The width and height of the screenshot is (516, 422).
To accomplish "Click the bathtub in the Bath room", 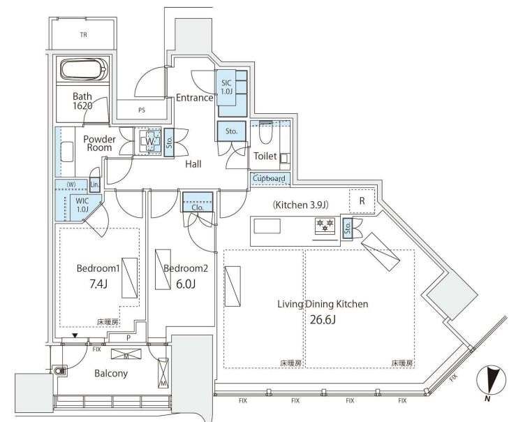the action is coord(84,69).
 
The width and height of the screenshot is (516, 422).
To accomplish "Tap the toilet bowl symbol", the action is coord(265,133).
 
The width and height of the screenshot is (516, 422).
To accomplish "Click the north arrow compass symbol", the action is coord(491,381).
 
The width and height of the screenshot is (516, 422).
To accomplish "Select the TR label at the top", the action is coord(83,34).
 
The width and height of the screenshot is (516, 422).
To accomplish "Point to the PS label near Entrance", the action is coord(142,110).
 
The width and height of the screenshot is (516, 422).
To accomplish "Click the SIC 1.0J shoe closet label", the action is coord(226,87).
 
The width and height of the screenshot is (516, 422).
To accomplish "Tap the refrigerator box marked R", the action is coord(362,201).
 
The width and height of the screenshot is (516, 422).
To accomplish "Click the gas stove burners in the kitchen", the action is coord(325,225).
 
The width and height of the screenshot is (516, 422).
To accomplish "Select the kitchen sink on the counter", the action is coord(267,226).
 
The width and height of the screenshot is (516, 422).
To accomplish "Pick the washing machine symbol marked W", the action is coord(149,142).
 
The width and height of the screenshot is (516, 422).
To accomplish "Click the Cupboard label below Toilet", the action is coord(269,178).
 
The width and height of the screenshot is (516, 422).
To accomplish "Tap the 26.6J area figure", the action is coord(323,319).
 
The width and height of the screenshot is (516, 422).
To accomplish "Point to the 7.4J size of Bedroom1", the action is coord(98,284).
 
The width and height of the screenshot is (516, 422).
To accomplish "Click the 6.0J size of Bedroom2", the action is coord(186,284).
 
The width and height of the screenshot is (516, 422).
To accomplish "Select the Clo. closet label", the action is coord(198,208).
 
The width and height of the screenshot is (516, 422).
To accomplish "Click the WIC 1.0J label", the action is coord(82,205).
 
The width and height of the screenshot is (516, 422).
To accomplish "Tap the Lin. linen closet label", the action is coord(95,184).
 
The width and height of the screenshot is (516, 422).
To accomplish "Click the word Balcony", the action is coord(111,373).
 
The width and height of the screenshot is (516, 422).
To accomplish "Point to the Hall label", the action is coord(193,164).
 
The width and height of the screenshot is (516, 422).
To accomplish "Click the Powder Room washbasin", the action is coord(67,152).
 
